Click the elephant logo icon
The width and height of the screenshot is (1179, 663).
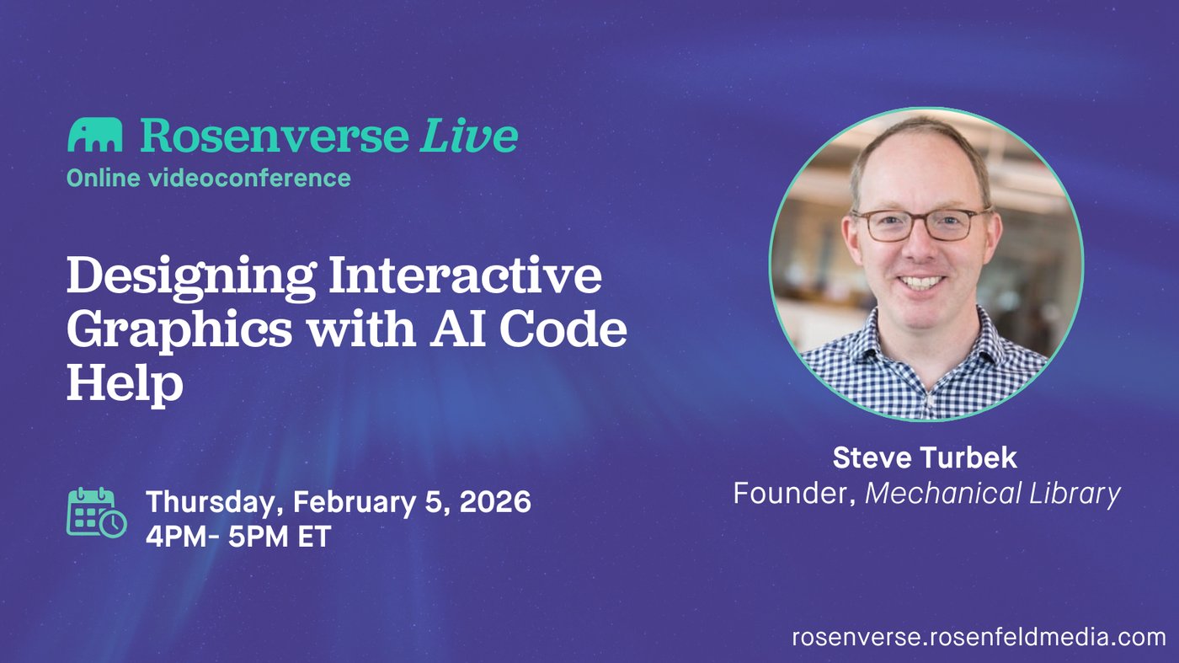tap(94, 135)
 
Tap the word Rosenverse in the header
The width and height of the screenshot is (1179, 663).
tap(275, 135)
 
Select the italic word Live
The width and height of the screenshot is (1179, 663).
tap(468, 135)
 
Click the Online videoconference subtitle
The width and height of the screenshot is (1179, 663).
tap(209, 178)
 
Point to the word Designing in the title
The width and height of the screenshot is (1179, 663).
tap(190, 276)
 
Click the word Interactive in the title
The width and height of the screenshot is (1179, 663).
tap(465, 274)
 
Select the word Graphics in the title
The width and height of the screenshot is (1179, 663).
tap(179, 331)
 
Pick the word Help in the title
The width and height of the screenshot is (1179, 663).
tap(125, 384)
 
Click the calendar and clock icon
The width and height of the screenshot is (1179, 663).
tap(97, 512)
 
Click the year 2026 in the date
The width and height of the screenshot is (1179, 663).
tap(495, 501)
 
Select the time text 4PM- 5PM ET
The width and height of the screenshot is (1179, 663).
tap(238, 537)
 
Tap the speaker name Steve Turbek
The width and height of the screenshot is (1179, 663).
tap(925, 457)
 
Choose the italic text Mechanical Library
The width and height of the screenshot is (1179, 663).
tap(993, 494)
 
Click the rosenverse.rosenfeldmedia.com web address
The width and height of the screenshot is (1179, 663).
tap(979, 637)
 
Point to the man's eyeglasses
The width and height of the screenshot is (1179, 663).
tap(921, 225)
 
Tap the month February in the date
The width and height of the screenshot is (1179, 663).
tap(355, 502)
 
